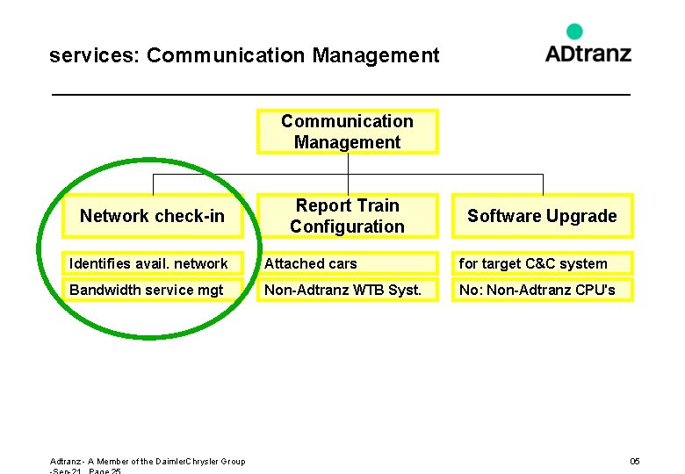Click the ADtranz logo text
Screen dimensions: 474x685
click(588, 53)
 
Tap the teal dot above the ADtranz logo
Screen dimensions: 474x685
click(574, 32)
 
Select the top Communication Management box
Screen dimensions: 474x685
click(347, 132)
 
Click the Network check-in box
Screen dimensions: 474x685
click(152, 216)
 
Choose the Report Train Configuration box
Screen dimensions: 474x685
click(347, 216)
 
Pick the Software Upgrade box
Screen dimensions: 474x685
click(542, 216)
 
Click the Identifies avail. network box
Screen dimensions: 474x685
click(152, 263)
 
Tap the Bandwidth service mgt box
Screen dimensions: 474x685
click(152, 290)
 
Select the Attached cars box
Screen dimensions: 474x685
click(347, 263)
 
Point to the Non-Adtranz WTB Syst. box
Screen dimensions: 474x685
click(347, 290)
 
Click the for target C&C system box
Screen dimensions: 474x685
click(542, 263)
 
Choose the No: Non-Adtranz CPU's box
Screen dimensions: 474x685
click(542, 290)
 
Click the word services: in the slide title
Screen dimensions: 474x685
click(95, 56)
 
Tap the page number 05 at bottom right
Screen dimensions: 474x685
click(635, 462)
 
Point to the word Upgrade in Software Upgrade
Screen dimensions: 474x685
click(582, 217)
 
